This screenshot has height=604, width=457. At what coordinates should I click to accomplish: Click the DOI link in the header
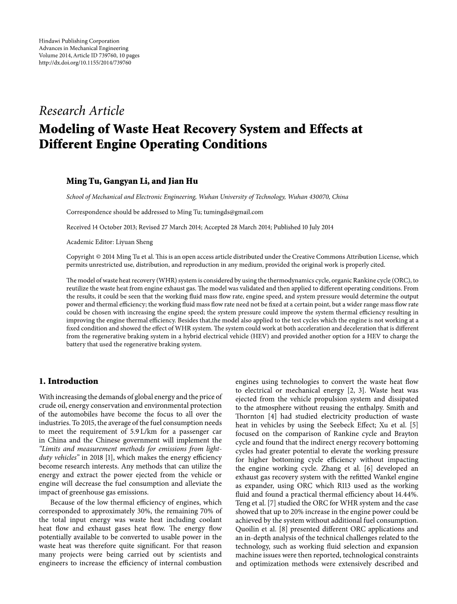[x=85, y=63]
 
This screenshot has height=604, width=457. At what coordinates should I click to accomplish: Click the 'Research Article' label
[x=81, y=111]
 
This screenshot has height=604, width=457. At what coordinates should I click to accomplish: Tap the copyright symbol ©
[x=98, y=257]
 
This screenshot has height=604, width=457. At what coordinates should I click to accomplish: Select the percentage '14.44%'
[x=407, y=494]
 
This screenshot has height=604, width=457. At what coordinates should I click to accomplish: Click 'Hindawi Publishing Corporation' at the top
[x=79, y=41]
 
